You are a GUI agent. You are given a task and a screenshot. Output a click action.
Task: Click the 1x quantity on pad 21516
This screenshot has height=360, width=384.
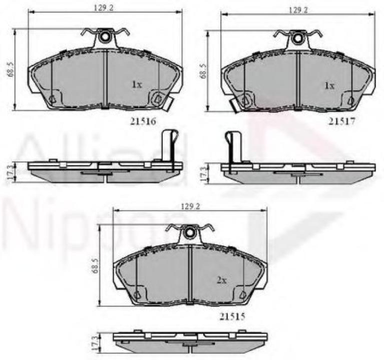point(137,85)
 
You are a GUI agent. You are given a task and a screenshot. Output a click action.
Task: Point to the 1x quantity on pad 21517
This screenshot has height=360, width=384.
point(328,86)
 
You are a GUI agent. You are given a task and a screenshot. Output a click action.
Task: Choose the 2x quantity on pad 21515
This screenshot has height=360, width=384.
point(222,280)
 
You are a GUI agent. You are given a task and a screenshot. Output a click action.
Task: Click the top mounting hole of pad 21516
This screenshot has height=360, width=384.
point(106,37)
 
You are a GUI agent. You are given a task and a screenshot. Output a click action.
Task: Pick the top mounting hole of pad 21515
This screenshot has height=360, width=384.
point(190,233)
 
